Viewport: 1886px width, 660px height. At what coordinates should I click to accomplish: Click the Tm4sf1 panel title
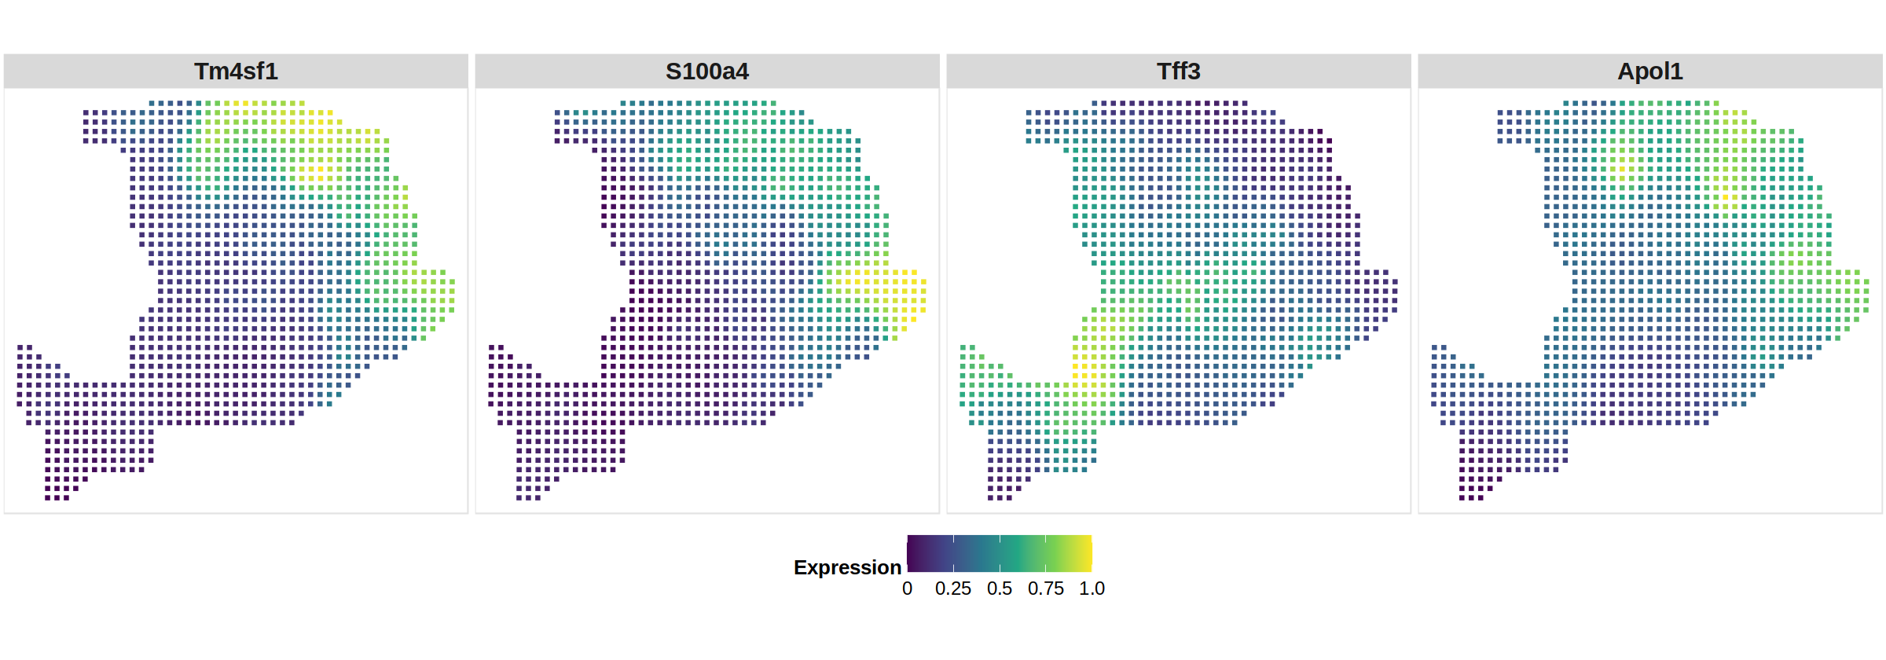[x=236, y=71]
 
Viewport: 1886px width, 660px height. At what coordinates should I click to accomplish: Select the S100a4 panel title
[x=707, y=71]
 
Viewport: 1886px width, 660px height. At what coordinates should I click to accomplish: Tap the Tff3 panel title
[x=1178, y=71]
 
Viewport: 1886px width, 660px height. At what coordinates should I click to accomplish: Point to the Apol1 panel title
[x=1649, y=71]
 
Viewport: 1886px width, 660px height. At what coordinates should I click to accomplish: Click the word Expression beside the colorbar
[x=847, y=567]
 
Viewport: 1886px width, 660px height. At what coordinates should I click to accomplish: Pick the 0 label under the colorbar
[x=907, y=588]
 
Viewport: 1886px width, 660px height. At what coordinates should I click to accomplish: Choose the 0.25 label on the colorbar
[x=952, y=588]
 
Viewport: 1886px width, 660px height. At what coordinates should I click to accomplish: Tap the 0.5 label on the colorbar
[x=999, y=588]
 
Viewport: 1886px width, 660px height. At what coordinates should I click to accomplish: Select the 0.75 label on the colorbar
[x=1045, y=588]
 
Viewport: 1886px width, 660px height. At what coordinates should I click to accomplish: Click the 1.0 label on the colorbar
[x=1092, y=588]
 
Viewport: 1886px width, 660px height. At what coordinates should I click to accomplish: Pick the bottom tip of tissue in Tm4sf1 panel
[x=57, y=497]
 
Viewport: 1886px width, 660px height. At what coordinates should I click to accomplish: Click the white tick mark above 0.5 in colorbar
[x=1000, y=539]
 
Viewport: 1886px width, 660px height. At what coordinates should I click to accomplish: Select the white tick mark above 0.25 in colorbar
[x=953, y=539]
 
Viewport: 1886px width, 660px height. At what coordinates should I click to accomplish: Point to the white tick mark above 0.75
[x=1045, y=539]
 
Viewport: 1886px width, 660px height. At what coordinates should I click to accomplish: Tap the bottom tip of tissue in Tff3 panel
[x=1000, y=497]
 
